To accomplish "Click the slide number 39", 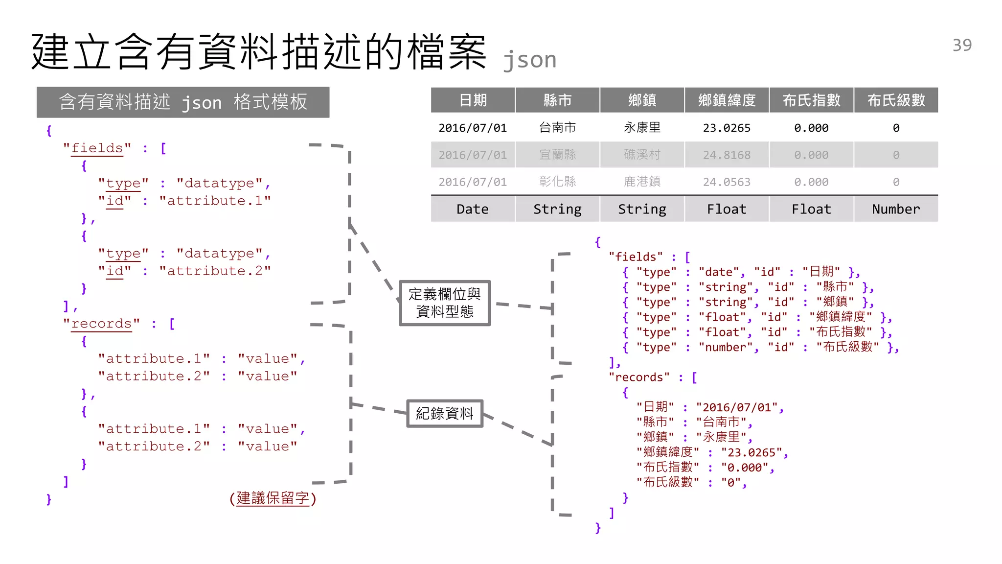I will click(962, 45).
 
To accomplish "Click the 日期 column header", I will click(473, 100).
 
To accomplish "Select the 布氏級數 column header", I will click(896, 100).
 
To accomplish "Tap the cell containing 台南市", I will click(557, 128).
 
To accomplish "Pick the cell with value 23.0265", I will click(727, 128).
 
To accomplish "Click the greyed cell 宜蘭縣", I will click(557, 155).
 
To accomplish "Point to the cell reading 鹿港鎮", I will click(642, 182).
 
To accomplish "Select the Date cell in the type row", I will click(473, 209).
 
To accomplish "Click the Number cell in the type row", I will click(896, 209).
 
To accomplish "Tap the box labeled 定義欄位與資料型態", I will click(445, 303).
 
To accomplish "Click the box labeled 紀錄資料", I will click(445, 413).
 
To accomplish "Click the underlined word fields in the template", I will click(97, 148).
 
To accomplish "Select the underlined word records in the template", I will click(101, 324).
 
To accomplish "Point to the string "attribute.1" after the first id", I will click(215, 201).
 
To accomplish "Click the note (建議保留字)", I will click(273, 498).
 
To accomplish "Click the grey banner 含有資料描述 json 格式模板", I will click(183, 102).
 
